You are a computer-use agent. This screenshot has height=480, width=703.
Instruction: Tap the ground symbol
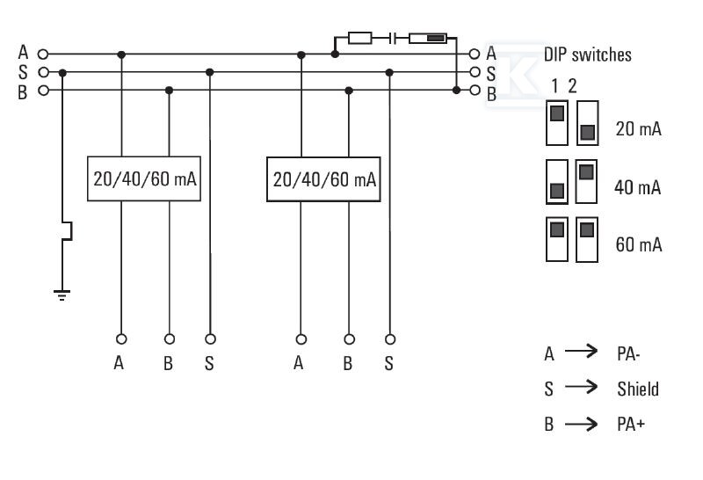(x=62, y=295)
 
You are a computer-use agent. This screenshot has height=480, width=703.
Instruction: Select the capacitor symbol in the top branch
(x=393, y=38)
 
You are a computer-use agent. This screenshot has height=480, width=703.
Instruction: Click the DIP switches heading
(x=587, y=55)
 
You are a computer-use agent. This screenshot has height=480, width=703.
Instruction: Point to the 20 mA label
(x=639, y=128)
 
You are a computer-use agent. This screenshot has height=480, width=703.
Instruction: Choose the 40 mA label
(x=638, y=187)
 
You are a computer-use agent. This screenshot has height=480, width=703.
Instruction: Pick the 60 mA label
(x=639, y=244)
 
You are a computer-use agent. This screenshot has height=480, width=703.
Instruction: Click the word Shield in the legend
(x=638, y=389)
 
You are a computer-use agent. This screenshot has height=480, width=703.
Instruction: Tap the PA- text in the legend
(x=628, y=354)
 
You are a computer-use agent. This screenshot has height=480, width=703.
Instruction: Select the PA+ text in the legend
(x=631, y=424)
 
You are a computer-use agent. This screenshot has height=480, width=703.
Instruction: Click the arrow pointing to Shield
(x=581, y=387)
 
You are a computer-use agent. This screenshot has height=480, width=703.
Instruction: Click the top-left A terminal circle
(x=43, y=55)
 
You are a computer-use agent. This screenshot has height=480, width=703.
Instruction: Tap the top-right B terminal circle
(x=475, y=91)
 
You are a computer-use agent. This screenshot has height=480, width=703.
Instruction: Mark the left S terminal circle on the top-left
(x=43, y=72)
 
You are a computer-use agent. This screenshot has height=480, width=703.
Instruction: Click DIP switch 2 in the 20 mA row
(x=587, y=123)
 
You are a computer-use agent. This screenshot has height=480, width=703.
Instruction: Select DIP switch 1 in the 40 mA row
(x=557, y=182)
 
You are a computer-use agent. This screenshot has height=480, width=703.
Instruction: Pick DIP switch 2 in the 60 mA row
(x=587, y=239)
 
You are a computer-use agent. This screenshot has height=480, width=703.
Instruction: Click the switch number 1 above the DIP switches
(x=555, y=85)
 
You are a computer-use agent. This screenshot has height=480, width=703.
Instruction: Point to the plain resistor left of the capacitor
(x=360, y=38)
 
